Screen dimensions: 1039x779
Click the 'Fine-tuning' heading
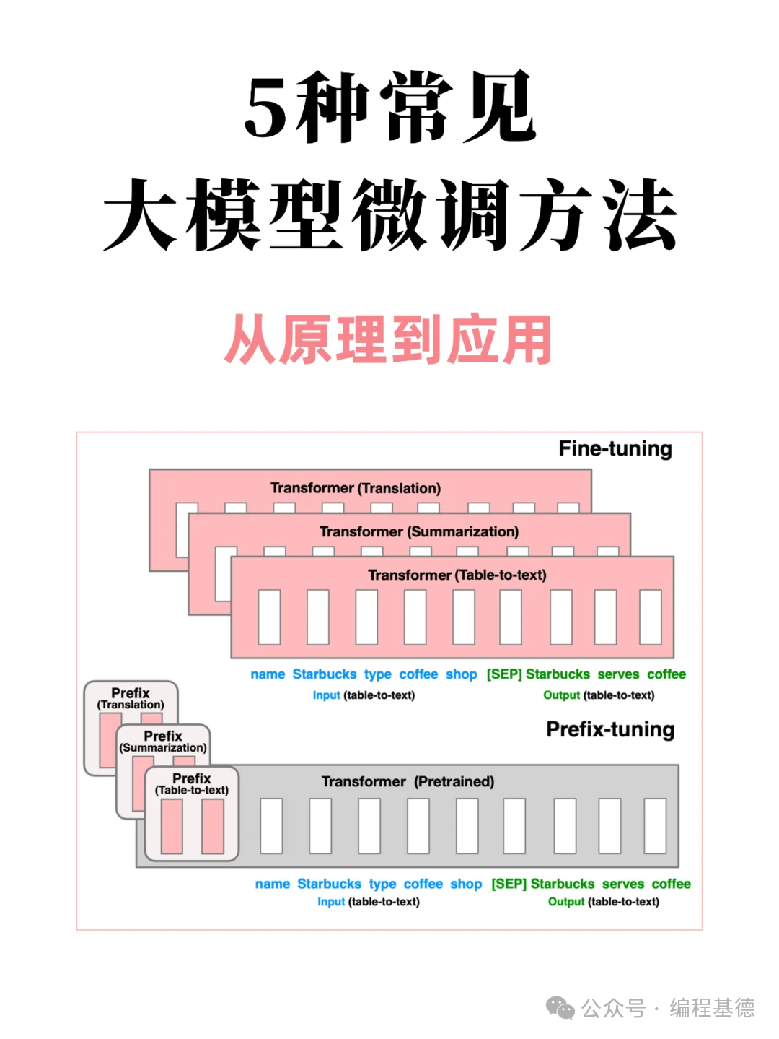[x=615, y=449]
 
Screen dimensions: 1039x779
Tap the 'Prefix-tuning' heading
[x=609, y=729]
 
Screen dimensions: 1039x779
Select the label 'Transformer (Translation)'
[x=355, y=488]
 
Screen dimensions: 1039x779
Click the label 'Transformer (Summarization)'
[x=418, y=531]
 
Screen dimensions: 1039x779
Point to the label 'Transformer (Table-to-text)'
[x=457, y=575]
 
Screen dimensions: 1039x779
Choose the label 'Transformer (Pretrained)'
[x=408, y=781]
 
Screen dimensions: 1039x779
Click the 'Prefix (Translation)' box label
[x=131, y=698]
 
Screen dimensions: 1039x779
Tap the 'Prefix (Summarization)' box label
[x=163, y=742]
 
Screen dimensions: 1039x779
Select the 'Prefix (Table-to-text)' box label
[x=192, y=784]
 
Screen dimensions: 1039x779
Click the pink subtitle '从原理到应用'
[x=389, y=339]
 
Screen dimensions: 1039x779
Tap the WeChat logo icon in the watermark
[x=560, y=1007]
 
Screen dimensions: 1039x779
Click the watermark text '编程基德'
[x=712, y=1007]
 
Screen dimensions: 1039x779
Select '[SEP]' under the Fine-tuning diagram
[x=503, y=674]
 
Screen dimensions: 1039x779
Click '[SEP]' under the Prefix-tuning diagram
[x=509, y=884]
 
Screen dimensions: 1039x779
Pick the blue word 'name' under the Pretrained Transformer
[x=273, y=884]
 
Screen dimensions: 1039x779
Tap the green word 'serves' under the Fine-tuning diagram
[x=618, y=674]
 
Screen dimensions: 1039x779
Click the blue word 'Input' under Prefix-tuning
[x=331, y=902]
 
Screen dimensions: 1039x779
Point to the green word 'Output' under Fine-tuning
[x=561, y=695]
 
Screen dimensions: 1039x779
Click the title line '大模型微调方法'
[x=389, y=215]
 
